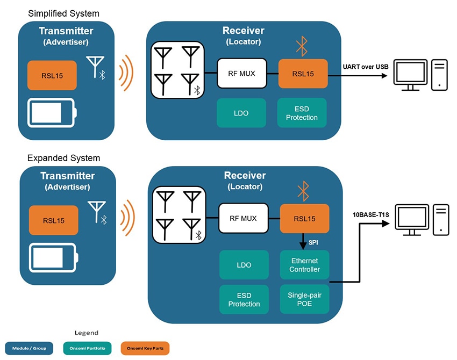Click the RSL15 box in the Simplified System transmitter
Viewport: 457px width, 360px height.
coord(52,76)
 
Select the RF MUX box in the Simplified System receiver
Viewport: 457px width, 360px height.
coord(242,73)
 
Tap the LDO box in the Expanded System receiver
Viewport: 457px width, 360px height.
coord(244,265)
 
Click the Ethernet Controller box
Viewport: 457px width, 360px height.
coord(304,265)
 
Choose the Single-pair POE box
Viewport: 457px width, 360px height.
coord(304,299)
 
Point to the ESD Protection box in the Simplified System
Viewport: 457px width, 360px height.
coord(302,113)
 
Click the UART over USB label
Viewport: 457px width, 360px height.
coord(365,67)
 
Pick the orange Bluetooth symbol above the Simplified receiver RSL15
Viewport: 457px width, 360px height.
coord(302,47)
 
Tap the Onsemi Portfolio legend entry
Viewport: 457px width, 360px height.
coord(87,348)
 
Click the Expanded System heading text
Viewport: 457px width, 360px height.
coord(63,158)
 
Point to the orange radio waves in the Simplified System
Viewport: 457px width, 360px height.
coord(125,73)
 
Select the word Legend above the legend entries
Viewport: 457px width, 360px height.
coord(87,333)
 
